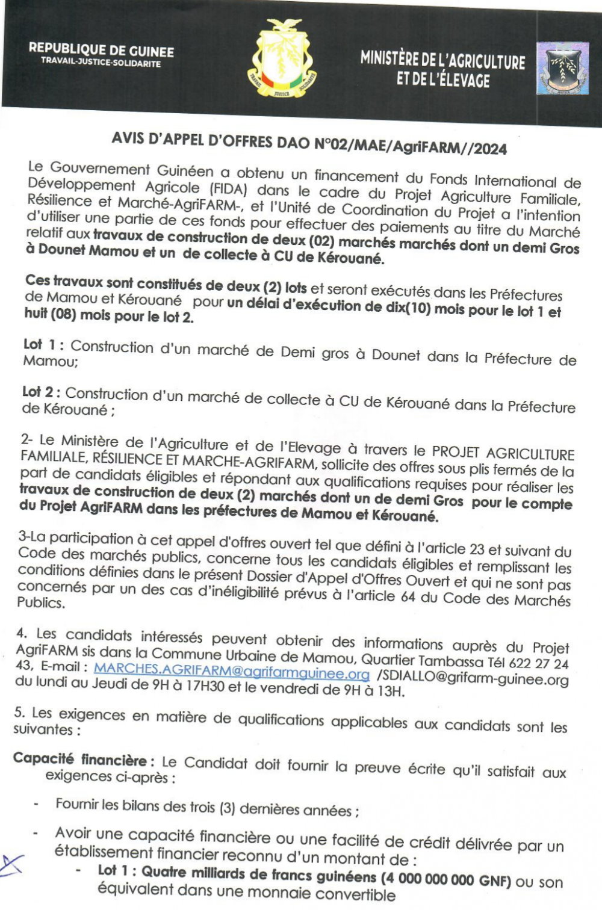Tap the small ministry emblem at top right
click(562, 68)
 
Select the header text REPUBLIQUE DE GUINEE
click(101, 51)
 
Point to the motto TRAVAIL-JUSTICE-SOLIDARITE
click(101, 63)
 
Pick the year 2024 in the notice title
click(490, 148)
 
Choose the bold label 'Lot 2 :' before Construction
click(41, 392)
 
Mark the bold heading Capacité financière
click(80, 760)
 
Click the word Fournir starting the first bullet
click(76, 803)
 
